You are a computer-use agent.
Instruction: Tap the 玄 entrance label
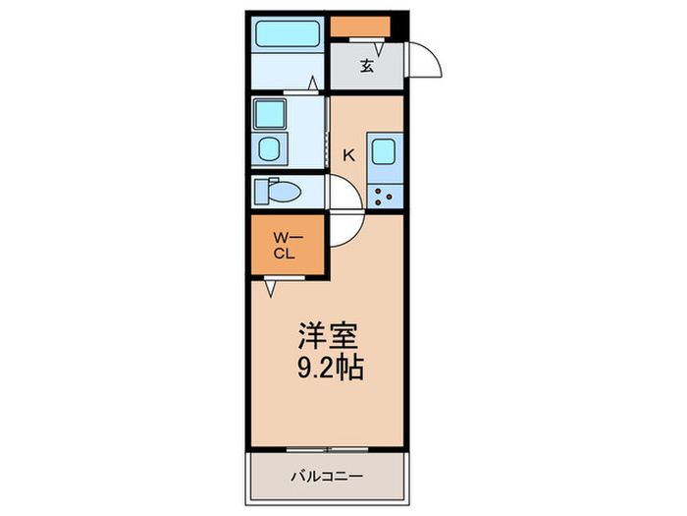coord(366,66)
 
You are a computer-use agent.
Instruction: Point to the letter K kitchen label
coord(347,154)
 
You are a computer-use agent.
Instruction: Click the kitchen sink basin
coord(383,152)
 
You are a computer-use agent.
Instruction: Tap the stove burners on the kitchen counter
coord(384,195)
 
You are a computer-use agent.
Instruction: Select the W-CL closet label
coord(285,245)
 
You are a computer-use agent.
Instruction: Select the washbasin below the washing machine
coord(269,150)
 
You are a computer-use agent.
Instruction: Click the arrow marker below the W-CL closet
coord(270,288)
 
